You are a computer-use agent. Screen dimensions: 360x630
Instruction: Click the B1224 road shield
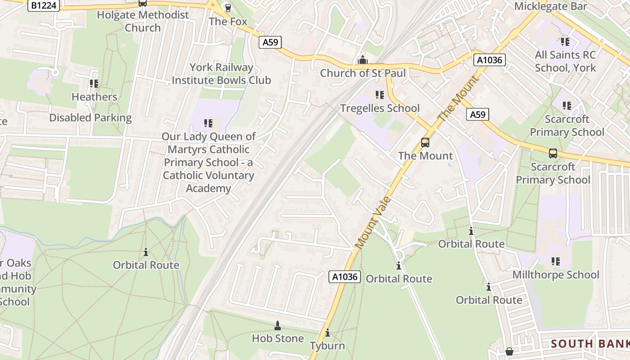point(43,6)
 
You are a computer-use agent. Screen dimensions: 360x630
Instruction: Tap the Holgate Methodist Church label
point(143,21)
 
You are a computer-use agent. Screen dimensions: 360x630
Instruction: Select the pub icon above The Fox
point(228,8)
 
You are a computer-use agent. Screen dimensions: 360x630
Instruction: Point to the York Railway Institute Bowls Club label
point(221,74)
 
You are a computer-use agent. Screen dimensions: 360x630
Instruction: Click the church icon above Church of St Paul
point(362,60)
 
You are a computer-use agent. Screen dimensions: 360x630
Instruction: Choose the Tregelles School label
point(380,108)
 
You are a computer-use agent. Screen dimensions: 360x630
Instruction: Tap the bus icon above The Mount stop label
point(425,143)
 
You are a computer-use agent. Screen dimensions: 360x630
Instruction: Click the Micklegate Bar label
point(550,6)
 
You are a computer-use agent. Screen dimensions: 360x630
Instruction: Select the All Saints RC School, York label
point(565,62)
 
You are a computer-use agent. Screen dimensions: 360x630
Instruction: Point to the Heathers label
point(94,97)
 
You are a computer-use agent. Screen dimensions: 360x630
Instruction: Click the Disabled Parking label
point(90,118)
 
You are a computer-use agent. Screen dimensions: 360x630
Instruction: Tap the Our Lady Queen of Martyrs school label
point(209,162)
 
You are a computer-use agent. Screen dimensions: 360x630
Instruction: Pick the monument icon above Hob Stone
point(278,325)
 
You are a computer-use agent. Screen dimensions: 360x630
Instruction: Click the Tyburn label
point(327,346)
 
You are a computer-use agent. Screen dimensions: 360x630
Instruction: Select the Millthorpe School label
point(556,274)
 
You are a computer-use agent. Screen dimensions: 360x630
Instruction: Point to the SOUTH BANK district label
point(590,344)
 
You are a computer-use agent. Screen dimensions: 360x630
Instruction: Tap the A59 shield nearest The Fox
point(270,42)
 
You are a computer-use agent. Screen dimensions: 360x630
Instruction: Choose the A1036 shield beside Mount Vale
point(345,277)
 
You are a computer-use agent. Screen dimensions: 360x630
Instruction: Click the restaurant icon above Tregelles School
point(379,95)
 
